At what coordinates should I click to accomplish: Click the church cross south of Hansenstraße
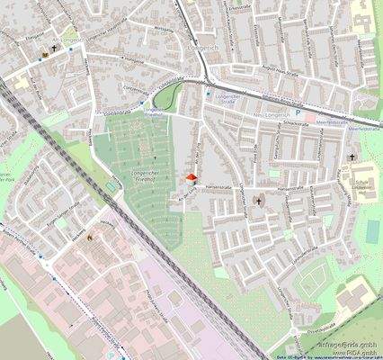click(x=260, y=201)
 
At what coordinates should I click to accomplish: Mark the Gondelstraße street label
click(x=117, y=112)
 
